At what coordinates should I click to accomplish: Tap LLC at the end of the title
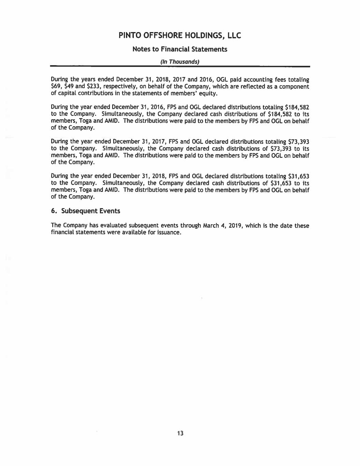click(233, 36)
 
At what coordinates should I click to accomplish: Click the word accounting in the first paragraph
click(247, 80)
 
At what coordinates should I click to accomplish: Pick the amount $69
click(55, 87)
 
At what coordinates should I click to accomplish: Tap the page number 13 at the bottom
click(180, 434)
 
